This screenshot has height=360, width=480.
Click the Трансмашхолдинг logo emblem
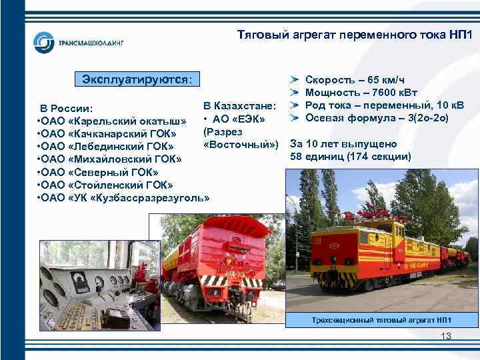click(45, 43)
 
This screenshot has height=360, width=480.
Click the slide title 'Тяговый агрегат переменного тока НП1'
click(354, 35)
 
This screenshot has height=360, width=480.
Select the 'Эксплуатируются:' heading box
click(136, 79)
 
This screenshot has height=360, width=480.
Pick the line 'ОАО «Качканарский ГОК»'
click(107, 133)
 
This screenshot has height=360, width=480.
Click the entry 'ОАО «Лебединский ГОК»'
click(107, 145)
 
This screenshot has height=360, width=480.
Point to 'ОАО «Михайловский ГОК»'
click(110, 159)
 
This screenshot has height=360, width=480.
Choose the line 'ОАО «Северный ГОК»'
click(100, 172)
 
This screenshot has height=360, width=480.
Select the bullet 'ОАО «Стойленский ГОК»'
click(105, 185)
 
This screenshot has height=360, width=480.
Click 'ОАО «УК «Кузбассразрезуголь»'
click(124, 197)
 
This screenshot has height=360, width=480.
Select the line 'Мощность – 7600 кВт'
click(365, 92)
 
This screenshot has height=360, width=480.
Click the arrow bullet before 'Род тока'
click(294, 105)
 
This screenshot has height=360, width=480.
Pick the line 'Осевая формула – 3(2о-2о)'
click(377, 118)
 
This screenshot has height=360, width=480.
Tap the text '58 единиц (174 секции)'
click(351, 157)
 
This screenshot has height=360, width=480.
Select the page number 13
click(446, 337)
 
